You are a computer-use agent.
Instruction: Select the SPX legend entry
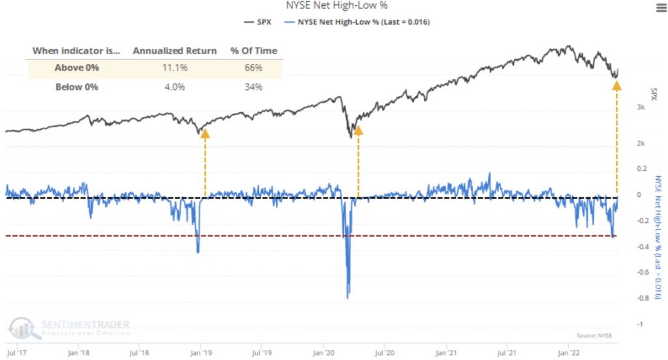pos(259,22)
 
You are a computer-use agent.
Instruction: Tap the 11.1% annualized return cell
pos(175,68)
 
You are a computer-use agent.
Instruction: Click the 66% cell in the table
pos(253,68)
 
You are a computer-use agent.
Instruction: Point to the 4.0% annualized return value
pos(175,87)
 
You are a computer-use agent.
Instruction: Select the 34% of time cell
pos(253,87)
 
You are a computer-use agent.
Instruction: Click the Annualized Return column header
pos(175,51)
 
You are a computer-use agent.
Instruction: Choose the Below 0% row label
pos(78,87)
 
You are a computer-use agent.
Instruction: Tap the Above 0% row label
pos(78,68)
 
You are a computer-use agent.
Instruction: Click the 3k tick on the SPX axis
pos(641,107)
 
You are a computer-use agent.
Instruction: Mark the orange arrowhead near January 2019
pos(205,133)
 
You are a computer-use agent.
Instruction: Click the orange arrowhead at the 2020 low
pos(357,130)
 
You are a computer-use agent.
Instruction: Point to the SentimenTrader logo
pos(68,326)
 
